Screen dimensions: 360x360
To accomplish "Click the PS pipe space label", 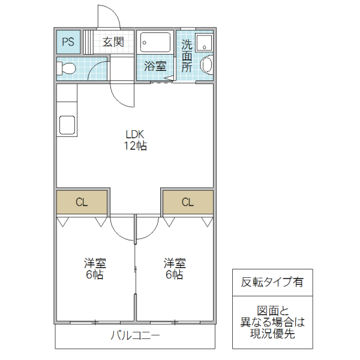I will pyautogui.click(x=68, y=42).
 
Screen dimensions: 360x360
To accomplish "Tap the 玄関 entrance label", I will pyautogui.click(x=112, y=42).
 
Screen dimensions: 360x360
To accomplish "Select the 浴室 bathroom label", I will pyautogui.click(x=155, y=66).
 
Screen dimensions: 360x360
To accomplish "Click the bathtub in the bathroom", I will pyautogui.click(x=155, y=43).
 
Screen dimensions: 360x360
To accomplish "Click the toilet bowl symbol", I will pyautogui.click(x=66, y=68).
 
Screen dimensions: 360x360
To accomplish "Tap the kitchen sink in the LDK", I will pyautogui.click(x=67, y=127).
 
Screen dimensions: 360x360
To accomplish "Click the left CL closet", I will pyautogui.click(x=82, y=202).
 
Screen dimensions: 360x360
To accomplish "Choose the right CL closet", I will pyautogui.click(x=188, y=202).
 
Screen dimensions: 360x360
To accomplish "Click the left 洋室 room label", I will pyautogui.click(x=95, y=263).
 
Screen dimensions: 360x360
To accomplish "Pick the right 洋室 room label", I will pyautogui.click(x=175, y=263).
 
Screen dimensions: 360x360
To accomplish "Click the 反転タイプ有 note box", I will pyautogui.click(x=272, y=282).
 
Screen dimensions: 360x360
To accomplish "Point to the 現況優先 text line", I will pyautogui.click(x=272, y=334).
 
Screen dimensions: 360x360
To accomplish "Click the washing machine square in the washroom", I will pyautogui.click(x=205, y=43).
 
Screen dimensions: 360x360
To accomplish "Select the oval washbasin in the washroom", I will pyautogui.click(x=206, y=64).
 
